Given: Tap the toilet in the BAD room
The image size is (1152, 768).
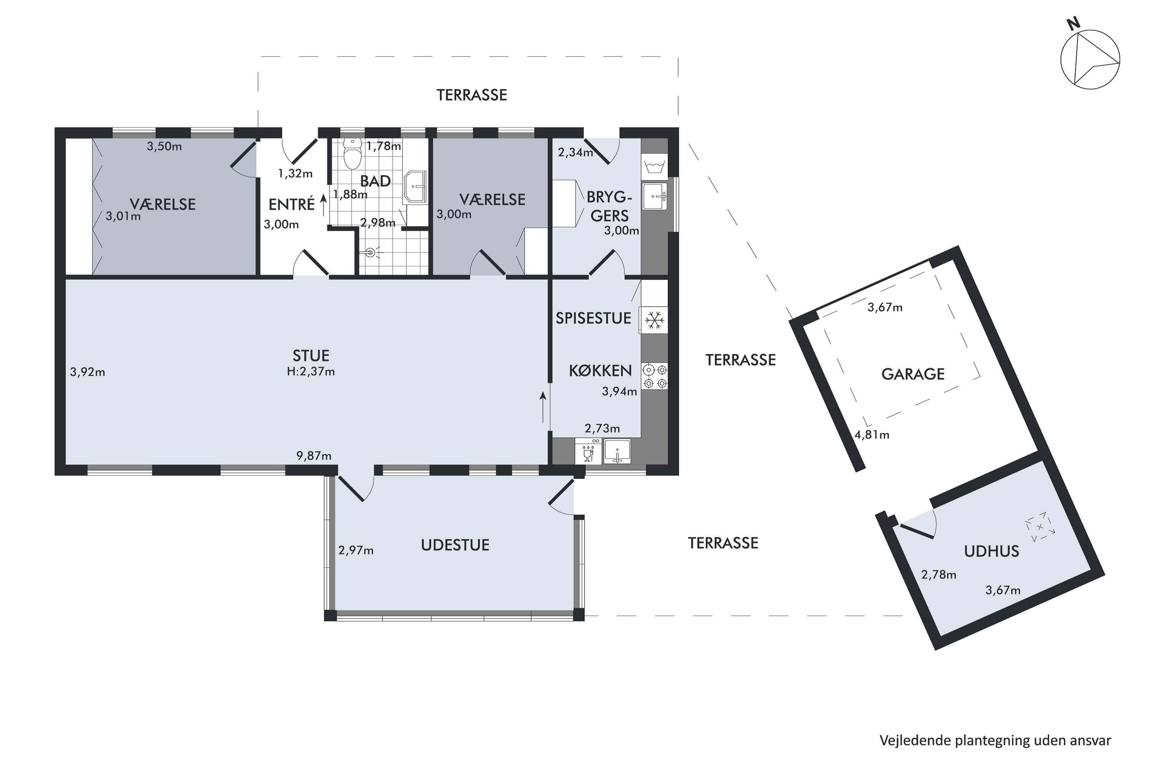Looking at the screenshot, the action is point(352,153).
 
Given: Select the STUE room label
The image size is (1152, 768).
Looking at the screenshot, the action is point(311,356).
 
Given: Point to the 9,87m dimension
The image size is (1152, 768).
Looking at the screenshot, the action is point(314,456).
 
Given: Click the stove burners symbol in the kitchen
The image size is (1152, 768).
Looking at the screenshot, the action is point(655,376).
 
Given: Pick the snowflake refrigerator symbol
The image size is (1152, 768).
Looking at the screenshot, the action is point(654,321).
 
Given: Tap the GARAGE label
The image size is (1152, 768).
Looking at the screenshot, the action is point(913,374).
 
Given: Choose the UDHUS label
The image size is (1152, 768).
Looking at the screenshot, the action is point(991,551).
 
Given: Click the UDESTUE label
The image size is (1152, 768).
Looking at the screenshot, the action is point(455,545).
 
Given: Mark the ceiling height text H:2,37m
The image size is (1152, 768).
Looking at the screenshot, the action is point(311,372).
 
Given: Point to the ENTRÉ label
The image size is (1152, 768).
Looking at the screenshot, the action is point(291,204).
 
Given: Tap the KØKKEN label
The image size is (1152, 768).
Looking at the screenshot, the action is point(601,371).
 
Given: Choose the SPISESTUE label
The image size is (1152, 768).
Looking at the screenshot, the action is point(593,318).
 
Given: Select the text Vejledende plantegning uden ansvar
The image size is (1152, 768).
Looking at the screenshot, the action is point(995,741).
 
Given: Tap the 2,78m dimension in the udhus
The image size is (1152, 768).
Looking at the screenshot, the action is point(938,574).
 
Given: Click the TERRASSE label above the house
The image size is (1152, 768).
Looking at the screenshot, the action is point(472,95).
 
